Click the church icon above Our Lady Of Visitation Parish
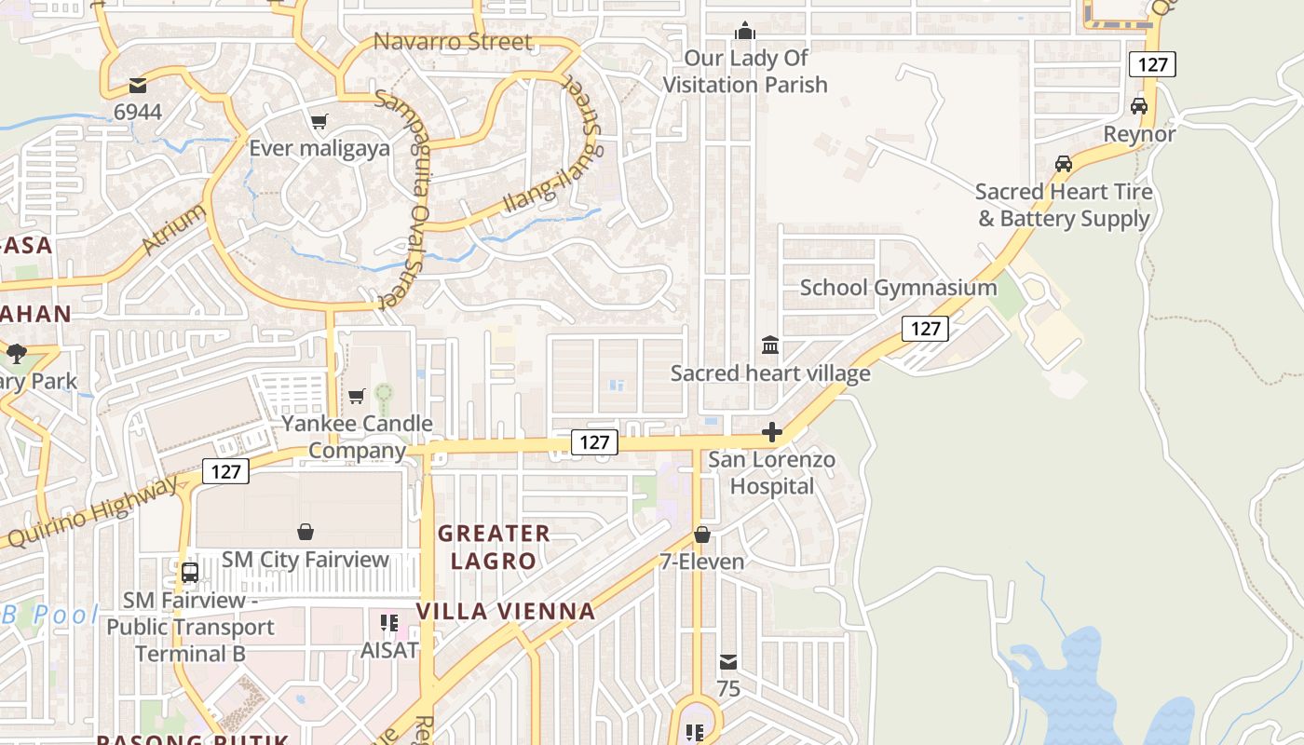point(744,32)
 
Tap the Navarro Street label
point(453,42)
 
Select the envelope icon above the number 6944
point(138,87)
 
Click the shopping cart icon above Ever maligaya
point(319,121)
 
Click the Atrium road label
point(174,229)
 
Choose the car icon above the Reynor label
point(1139,106)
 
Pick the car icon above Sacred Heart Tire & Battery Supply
point(1063,164)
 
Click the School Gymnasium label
point(898,288)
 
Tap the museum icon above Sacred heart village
point(770,346)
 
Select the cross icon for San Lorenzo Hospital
point(771,432)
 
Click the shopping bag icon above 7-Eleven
point(702,535)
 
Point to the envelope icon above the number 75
point(728,662)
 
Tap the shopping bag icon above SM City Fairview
point(305,532)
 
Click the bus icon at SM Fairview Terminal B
point(190,572)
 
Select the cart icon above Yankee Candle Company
point(357,397)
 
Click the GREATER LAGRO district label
point(494,548)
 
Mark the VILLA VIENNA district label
point(505,612)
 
